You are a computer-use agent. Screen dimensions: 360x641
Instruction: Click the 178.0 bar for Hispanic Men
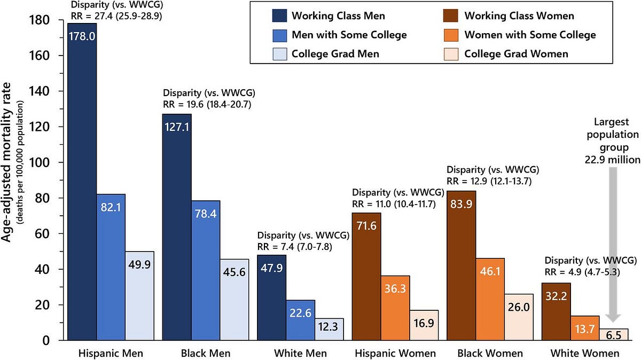pyautogui.click(x=82, y=182)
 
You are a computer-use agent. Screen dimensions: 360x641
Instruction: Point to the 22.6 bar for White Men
pyautogui.click(x=301, y=320)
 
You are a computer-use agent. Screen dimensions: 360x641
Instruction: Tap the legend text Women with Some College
pyautogui.click(x=529, y=35)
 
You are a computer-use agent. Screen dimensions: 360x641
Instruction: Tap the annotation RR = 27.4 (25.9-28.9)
pyautogui.click(x=118, y=15)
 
